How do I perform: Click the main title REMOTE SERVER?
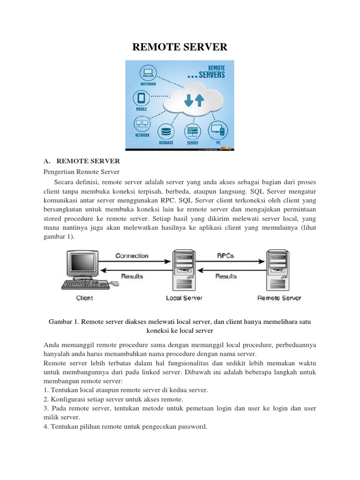click(180, 46)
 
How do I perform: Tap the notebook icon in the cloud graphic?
click(147, 72)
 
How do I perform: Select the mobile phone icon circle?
click(142, 98)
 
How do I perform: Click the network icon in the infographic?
click(142, 124)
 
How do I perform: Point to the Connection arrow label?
click(132, 256)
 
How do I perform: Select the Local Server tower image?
click(184, 270)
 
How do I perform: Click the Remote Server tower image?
click(277, 270)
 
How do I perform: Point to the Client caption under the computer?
click(84, 298)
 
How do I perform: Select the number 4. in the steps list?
click(46, 427)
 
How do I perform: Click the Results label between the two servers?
click(226, 277)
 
